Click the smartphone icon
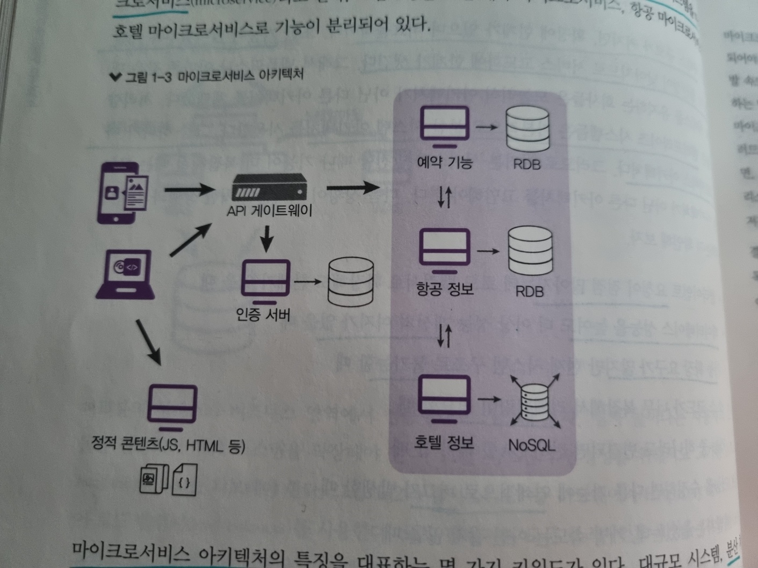coord(122,193)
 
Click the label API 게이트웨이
coord(269,210)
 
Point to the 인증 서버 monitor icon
coord(266,280)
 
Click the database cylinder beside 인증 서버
coord(351,282)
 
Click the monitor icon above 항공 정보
coord(444,250)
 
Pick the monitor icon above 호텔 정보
coord(444,398)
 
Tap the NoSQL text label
coord(531,445)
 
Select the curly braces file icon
coord(184,480)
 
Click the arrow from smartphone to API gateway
coord(189,189)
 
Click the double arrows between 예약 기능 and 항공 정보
coord(444,197)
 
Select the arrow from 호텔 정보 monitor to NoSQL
coord(489,399)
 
